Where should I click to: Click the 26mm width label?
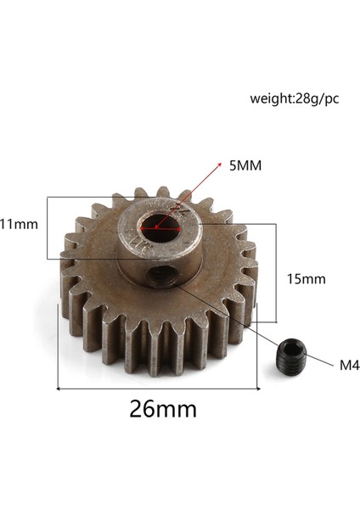[x=163, y=409]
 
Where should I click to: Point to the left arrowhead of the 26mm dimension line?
[x=59, y=389]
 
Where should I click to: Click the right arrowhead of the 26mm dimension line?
[x=257, y=389]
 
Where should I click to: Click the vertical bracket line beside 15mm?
[x=277, y=271]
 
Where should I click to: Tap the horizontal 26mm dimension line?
[x=158, y=389]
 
